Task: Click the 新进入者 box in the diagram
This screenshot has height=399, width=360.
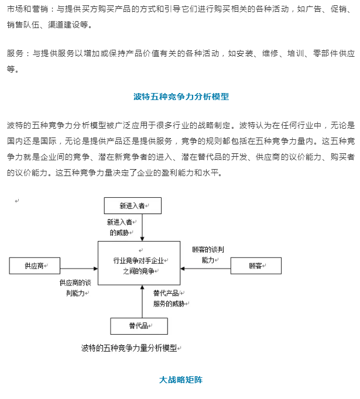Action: [132, 205]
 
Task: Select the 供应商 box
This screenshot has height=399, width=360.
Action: [35, 266]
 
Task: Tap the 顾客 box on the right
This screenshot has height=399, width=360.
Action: [256, 266]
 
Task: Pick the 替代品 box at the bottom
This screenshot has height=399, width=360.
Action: [139, 326]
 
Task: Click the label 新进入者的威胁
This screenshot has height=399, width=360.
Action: [122, 227]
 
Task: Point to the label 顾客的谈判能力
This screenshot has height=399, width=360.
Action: [208, 254]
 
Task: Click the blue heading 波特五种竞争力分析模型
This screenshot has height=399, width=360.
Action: [181, 97]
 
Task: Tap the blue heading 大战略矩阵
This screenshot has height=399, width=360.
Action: [181, 380]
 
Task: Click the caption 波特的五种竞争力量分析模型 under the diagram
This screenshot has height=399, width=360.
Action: [129, 348]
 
